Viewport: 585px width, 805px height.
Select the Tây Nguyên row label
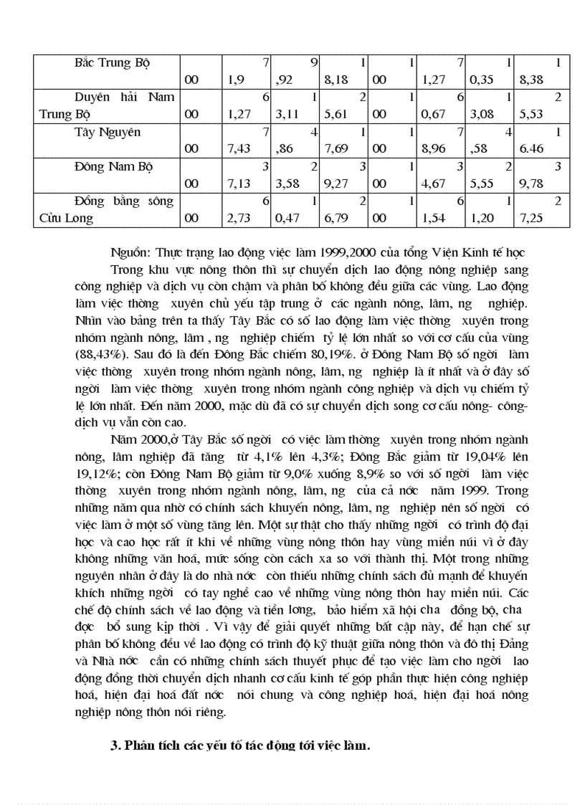[x=108, y=132]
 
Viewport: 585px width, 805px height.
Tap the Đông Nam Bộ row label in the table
[x=112, y=166]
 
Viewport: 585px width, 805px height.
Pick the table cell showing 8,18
[x=337, y=80]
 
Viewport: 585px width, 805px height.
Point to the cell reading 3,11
[x=290, y=115]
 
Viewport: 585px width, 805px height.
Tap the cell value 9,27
[x=337, y=184]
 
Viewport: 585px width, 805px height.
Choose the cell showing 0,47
[x=290, y=219]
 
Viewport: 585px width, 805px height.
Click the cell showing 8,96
[x=437, y=149]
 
